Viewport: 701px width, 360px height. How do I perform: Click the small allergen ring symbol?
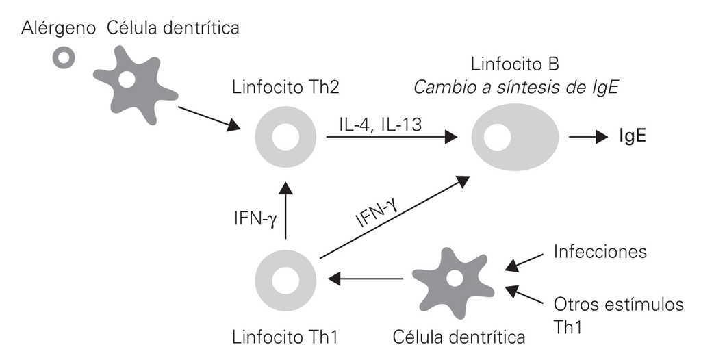pyautogui.click(x=64, y=59)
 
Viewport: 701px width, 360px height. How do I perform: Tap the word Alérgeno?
pyautogui.click(x=60, y=28)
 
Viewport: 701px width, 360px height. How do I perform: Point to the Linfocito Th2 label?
pyautogui.click(x=285, y=88)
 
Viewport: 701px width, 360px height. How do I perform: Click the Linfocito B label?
pyautogui.click(x=515, y=65)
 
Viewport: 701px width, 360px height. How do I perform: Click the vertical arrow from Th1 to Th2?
pyautogui.click(x=285, y=209)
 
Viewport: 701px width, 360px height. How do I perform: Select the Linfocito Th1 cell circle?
pyautogui.click(x=285, y=279)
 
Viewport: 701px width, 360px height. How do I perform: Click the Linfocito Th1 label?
pyautogui.click(x=285, y=337)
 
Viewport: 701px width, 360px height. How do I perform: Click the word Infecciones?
pyautogui.click(x=600, y=252)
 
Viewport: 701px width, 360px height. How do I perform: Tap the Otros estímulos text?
pyautogui.click(x=618, y=305)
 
